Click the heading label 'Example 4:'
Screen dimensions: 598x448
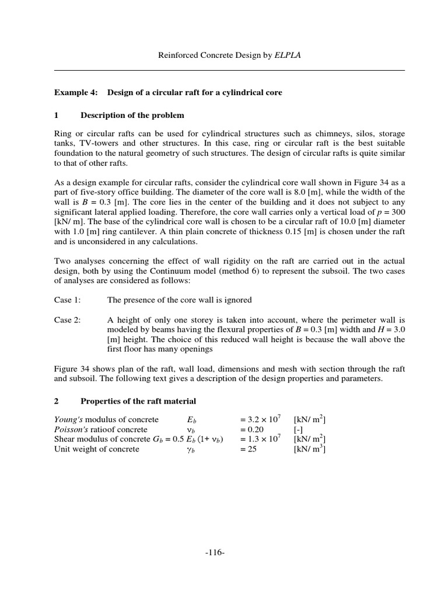73,92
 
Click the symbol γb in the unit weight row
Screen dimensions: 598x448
189,450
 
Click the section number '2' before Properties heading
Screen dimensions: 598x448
57,401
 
